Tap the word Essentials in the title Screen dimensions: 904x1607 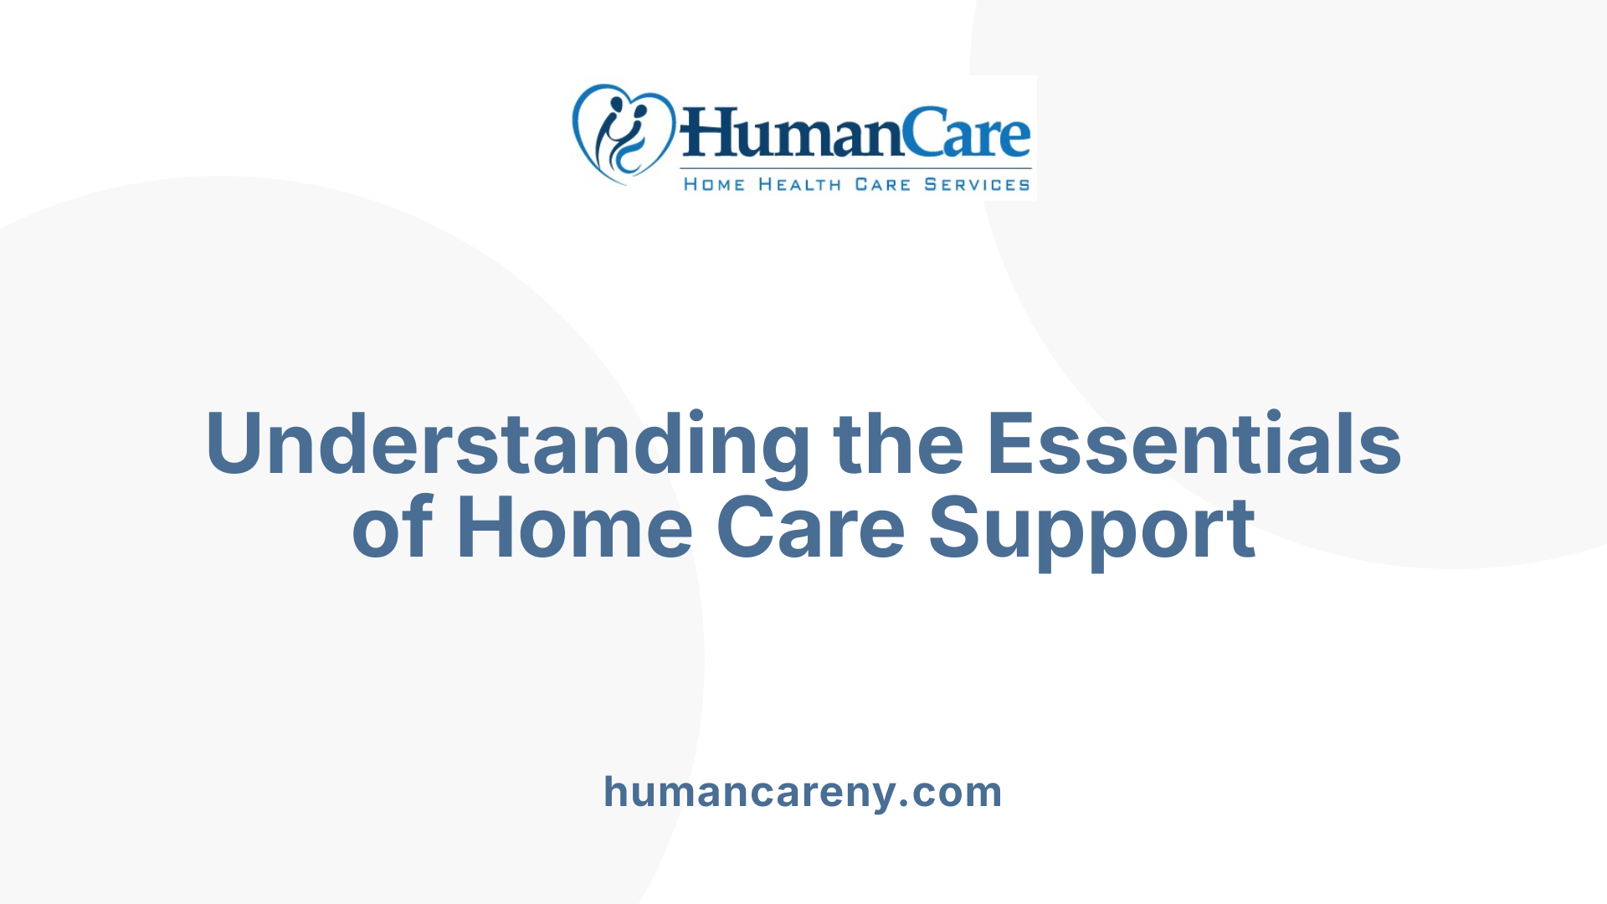click(1194, 444)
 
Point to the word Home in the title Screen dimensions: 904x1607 click(574, 529)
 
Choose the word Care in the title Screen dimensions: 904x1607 click(810, 529)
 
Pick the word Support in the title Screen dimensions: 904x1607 click(1091, 529)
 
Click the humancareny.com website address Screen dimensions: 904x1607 click(803, 792)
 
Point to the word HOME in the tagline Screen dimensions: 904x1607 click(714, 184)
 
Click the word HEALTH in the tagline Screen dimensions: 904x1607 click(799, 184)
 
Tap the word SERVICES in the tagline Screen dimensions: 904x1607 click(977, 184)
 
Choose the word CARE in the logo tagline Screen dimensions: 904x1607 click(882, 184)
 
